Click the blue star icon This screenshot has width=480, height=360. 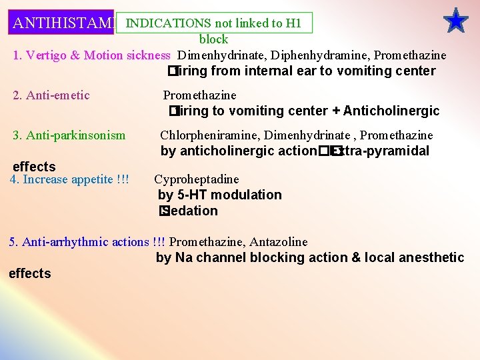pos(456,21)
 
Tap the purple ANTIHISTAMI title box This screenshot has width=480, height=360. pos(62,23)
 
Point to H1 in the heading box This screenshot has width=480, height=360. pos(293,23)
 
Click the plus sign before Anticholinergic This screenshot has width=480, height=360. pos(337,111)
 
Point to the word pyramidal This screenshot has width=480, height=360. pos(396,151)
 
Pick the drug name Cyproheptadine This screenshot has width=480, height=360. pos(197,179)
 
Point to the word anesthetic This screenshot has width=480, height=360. pos(431,257)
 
